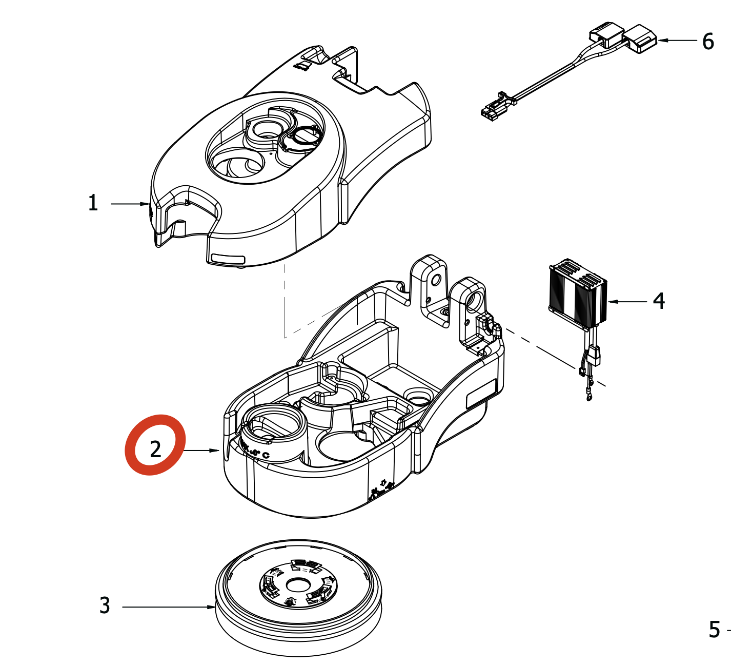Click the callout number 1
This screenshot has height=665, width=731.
click(93, 203)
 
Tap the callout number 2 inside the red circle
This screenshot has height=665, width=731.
click(155, 449)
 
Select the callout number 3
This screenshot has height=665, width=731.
click(105, 605)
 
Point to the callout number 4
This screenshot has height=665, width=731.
click(659, 301)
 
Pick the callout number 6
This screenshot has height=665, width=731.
click(708, 42)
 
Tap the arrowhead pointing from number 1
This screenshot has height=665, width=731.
click(146, 204)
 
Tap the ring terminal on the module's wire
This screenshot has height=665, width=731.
click(589, 395)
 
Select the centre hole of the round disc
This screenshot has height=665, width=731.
click(298, 584)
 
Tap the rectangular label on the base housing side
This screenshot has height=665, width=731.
click(481, 394)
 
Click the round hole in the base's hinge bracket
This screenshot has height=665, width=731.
click(436, 280)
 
